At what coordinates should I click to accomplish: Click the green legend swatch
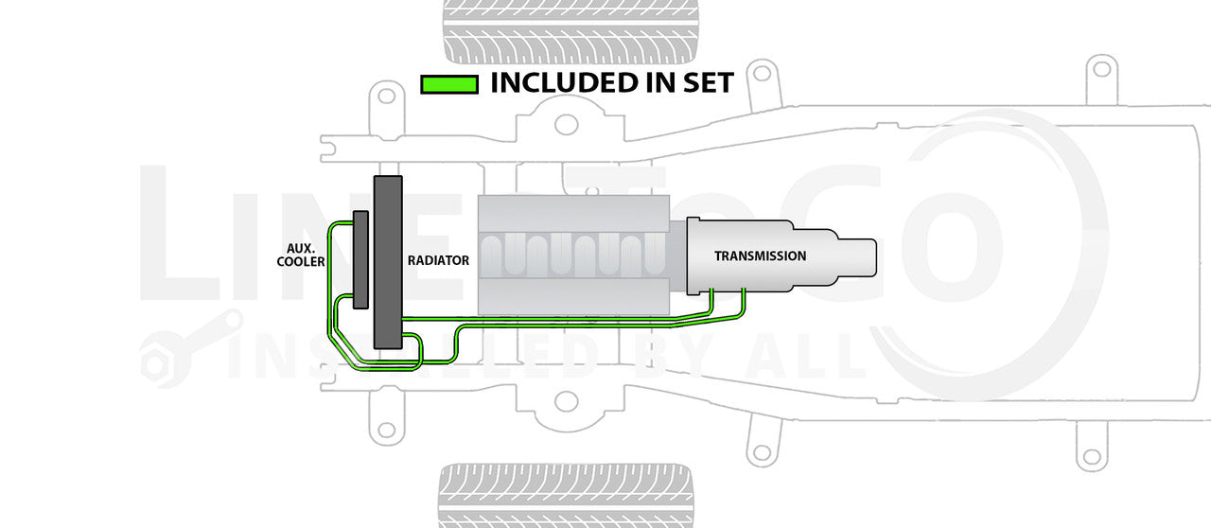(x=448, y=84)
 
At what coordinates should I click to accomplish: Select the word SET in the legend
(x=703, y=83)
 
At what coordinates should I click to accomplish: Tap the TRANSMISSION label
(x=760, y=256)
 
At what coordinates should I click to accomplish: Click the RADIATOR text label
(x=438, y=260)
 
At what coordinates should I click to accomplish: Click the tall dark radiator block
(x=388, y=262)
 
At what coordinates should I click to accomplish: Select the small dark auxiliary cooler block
(x=360, y=259)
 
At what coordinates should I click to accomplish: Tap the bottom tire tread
(x=566, y=494)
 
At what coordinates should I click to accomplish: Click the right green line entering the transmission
(x=745, y=300)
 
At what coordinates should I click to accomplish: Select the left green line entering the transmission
(x=711, y=301)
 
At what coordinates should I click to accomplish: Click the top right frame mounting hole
(x=1099, y=68)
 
